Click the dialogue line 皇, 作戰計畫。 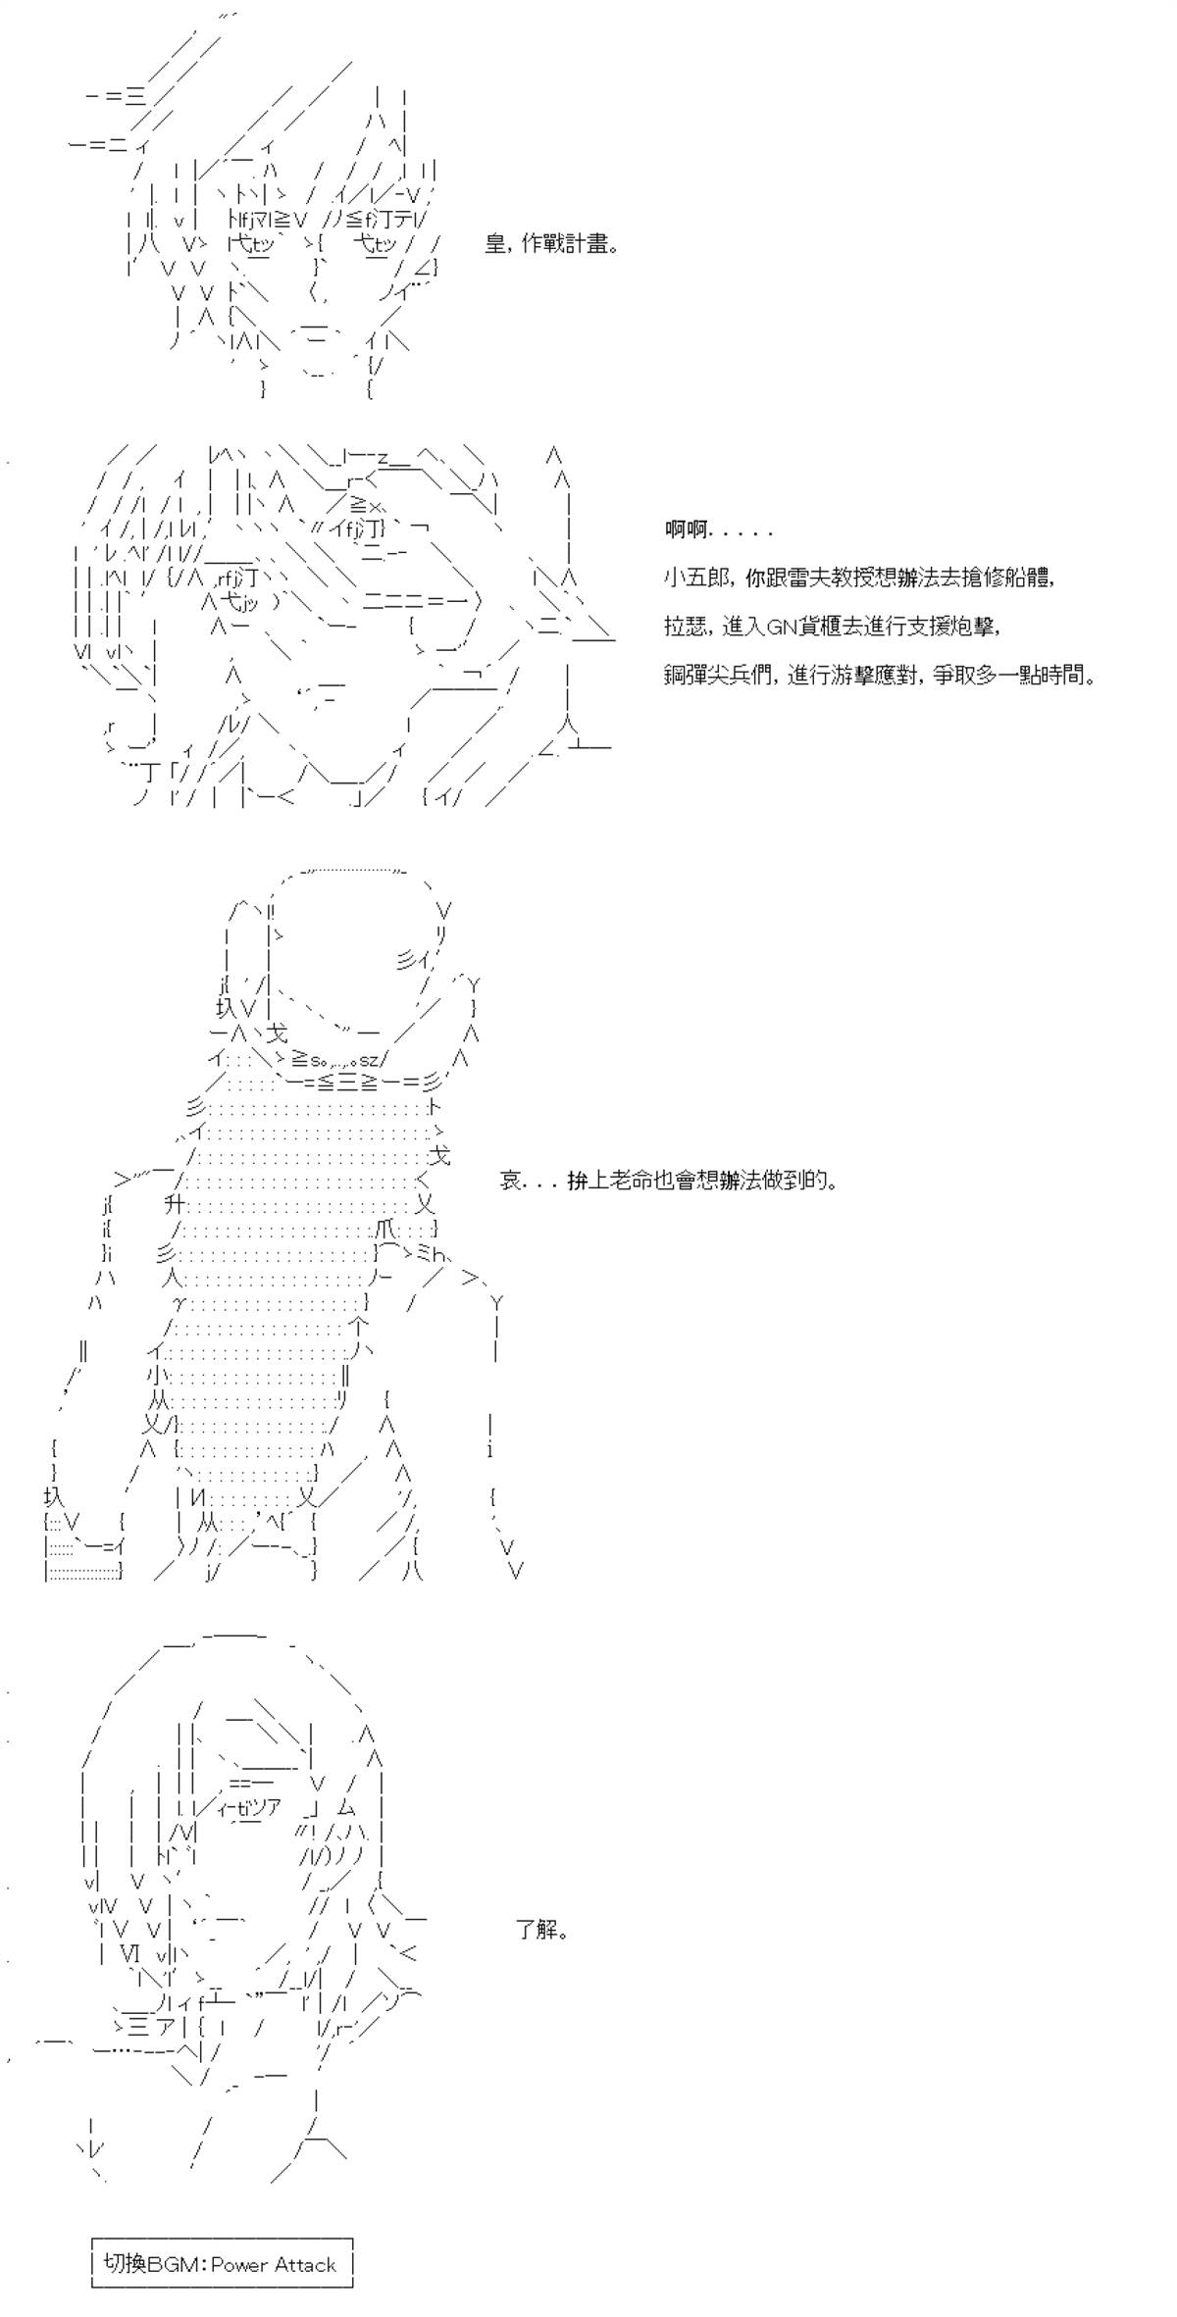pos(552,244)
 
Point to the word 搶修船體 pos(1007,579)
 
